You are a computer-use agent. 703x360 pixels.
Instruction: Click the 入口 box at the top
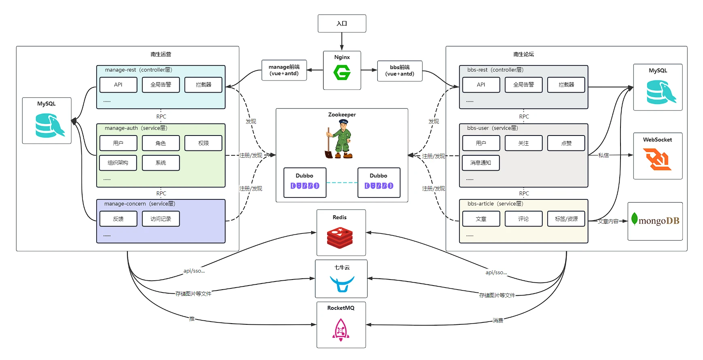[x=342, y=23]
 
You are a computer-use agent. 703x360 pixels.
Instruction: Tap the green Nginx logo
[x=342, y=73]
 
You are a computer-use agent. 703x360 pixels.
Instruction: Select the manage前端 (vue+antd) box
[x=284, y=70]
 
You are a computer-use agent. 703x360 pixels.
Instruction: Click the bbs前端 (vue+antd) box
[x=400, y=71]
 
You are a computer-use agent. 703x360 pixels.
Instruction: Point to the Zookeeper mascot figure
[x=340, y=139]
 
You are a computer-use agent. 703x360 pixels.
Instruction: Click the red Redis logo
[x=340, y=237]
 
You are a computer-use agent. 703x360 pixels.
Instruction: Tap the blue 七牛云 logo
[x=342, y=283]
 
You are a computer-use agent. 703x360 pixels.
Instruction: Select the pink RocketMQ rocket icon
[x=341, y=330]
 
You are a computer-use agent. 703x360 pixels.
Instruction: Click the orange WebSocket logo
[x=657, y=159]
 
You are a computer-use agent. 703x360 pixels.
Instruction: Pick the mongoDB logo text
[x=658, y=221]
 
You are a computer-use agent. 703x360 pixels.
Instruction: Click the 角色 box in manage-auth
[x=161, y=143]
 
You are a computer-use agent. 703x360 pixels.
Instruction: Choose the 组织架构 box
[x=118, y=163]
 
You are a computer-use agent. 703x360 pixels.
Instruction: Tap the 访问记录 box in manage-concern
[x=161, y=219]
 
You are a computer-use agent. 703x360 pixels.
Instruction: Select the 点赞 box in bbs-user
[x=566, y=143]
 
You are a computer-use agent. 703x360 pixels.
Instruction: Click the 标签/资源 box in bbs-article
[x=566, y=219]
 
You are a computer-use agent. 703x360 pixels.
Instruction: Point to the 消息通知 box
[x=481, y=163]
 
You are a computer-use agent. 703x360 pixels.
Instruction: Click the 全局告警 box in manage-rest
[x=161, y=85]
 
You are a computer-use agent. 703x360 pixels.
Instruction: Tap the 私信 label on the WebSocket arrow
[x=603, y=155]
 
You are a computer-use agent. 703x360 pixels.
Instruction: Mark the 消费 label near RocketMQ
[x=498, y=320]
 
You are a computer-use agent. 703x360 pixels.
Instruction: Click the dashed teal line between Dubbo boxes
[x=342, y=183]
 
